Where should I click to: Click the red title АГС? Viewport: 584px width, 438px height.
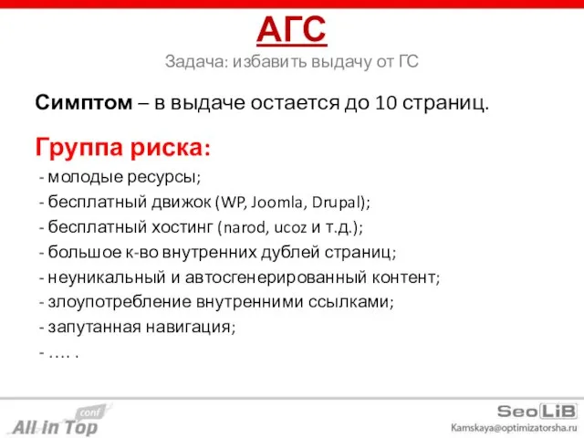tap(292, 30)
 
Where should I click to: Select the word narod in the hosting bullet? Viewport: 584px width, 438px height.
tap(240, 226)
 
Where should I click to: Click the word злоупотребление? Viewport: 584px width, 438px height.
tap(123, 301)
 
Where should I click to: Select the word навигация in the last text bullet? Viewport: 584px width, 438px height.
tap(194, 326)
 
